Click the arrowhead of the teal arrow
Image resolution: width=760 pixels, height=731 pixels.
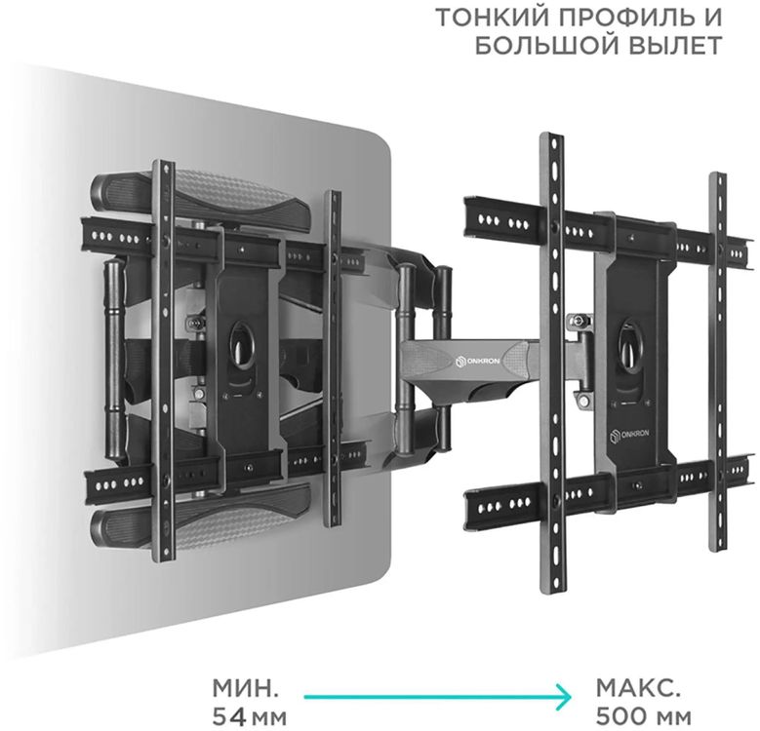click(x=563, y=698)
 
